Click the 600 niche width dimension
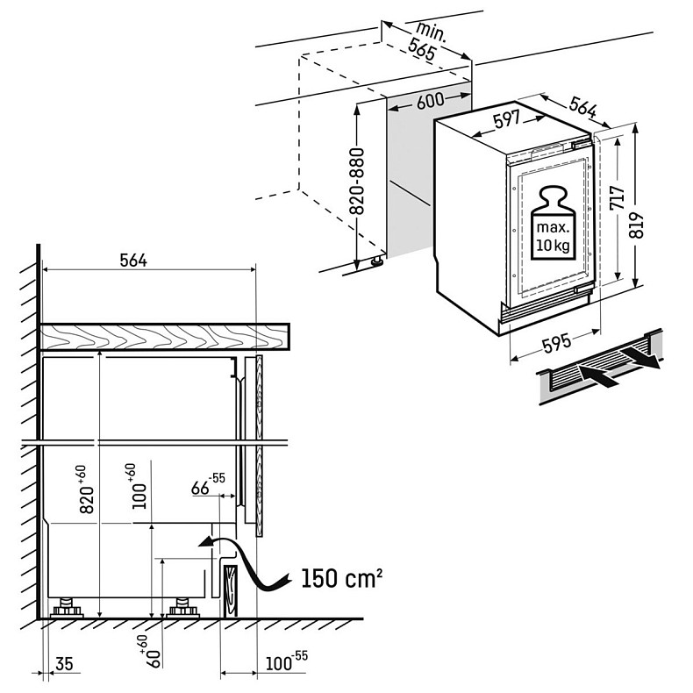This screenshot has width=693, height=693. tap(430, 101)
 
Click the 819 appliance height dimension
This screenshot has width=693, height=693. tap(638, 226)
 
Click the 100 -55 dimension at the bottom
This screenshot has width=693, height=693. tap(281, 661)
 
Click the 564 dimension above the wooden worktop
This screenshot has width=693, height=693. tap(133, 260)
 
